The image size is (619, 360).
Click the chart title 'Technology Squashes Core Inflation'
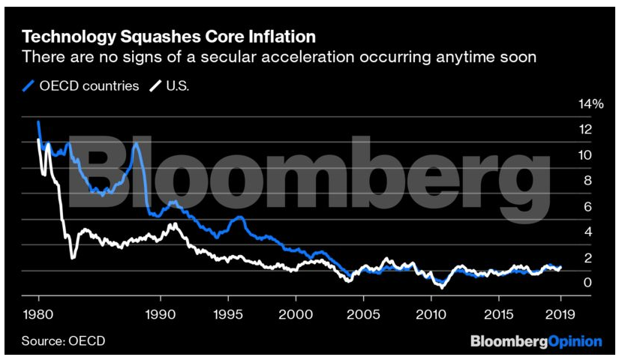[x=168, y=36]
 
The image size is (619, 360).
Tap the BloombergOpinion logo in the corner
[x=536, y=341]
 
